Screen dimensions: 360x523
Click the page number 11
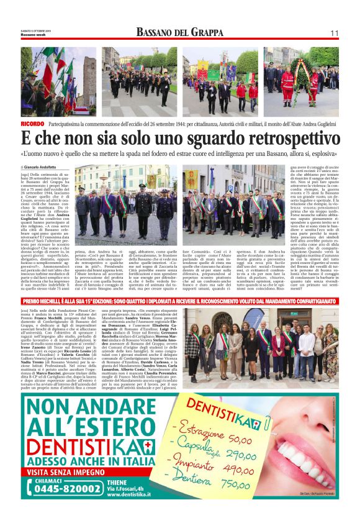[334, 33]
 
